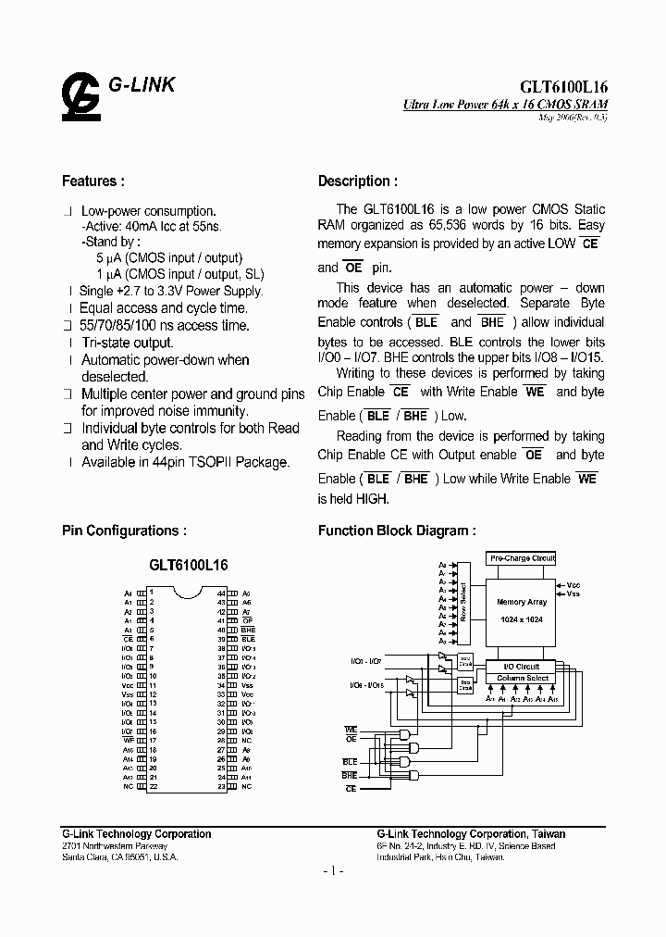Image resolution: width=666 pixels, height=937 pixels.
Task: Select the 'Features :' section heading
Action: (x=92, y=181)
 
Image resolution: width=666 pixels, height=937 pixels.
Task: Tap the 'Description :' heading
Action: (x=358, y=181)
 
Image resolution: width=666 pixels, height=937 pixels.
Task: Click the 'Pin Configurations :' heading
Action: (x=124, y=531)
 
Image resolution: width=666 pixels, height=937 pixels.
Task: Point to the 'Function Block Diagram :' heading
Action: (x=397, y=531)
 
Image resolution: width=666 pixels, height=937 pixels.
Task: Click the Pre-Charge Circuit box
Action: (x=523, y=558)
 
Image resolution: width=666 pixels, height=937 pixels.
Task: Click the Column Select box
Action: (x=523, y=679)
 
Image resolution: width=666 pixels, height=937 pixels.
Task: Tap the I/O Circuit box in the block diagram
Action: (x=523, y=667)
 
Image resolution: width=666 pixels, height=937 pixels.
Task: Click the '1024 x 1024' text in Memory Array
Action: (x=523, y=619)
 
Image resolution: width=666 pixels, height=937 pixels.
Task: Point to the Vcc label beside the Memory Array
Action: (x=573, y=585)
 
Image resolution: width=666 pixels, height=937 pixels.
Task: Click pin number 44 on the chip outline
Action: (x=221, y=592)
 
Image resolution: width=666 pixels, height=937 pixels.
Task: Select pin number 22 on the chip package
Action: (x=152, y=786)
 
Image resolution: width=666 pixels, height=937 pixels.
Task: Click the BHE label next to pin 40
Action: (x=248, y=630)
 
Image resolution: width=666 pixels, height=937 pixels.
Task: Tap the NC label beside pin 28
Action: (x=246, y=741)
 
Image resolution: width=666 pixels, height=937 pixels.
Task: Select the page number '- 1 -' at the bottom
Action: (x=333, y=872)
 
